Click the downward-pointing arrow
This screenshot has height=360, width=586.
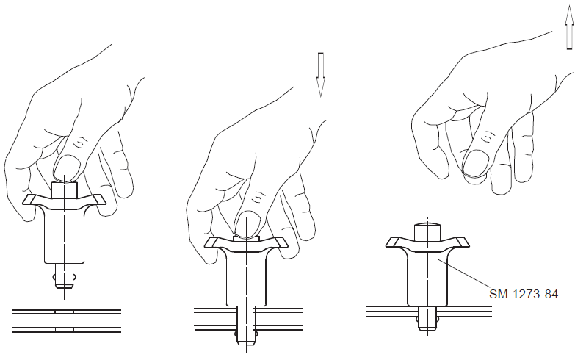point(320,75)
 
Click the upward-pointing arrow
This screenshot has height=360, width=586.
point(569,27)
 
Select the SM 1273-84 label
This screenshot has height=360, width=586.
point(523,294)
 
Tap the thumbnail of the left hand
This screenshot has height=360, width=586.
point(68,166)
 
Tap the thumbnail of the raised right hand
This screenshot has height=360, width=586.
point(475,162)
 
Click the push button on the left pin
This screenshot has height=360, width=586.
point(64,190)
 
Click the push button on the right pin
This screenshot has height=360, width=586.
point(428,231)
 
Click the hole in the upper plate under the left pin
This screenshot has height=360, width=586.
point(65,312)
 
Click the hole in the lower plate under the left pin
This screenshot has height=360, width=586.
point(65,329)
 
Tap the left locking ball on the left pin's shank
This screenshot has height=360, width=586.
point(55,277)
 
